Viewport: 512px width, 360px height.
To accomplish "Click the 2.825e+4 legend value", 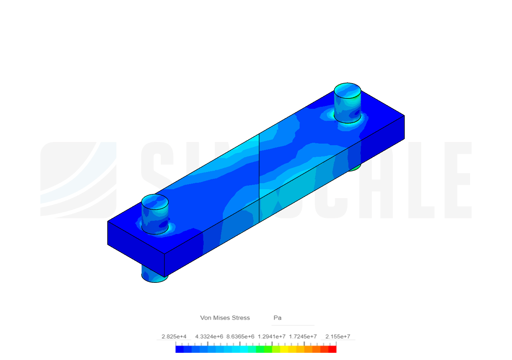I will point(174,337).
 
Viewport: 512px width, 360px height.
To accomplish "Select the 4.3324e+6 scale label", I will point(209,337).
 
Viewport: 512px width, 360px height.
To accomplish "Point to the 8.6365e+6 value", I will point(240,337).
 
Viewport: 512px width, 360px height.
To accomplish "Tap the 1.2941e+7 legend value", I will point(272,337).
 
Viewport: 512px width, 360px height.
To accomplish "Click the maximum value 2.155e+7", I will point(338,337).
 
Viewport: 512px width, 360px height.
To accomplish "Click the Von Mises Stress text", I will point(225,318).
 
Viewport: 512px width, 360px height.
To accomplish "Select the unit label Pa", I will point(278,318).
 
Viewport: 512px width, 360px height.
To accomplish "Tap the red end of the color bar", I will point(332,349).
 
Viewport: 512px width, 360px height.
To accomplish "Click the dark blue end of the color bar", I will point(179,349).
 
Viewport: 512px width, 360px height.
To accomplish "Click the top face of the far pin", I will point(347,90).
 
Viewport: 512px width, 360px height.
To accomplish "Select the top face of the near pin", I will point(155,202).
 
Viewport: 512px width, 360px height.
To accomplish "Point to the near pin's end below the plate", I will point(154,276).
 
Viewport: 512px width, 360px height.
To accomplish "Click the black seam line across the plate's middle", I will point(259,176).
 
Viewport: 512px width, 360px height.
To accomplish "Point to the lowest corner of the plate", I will point(165,277).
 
